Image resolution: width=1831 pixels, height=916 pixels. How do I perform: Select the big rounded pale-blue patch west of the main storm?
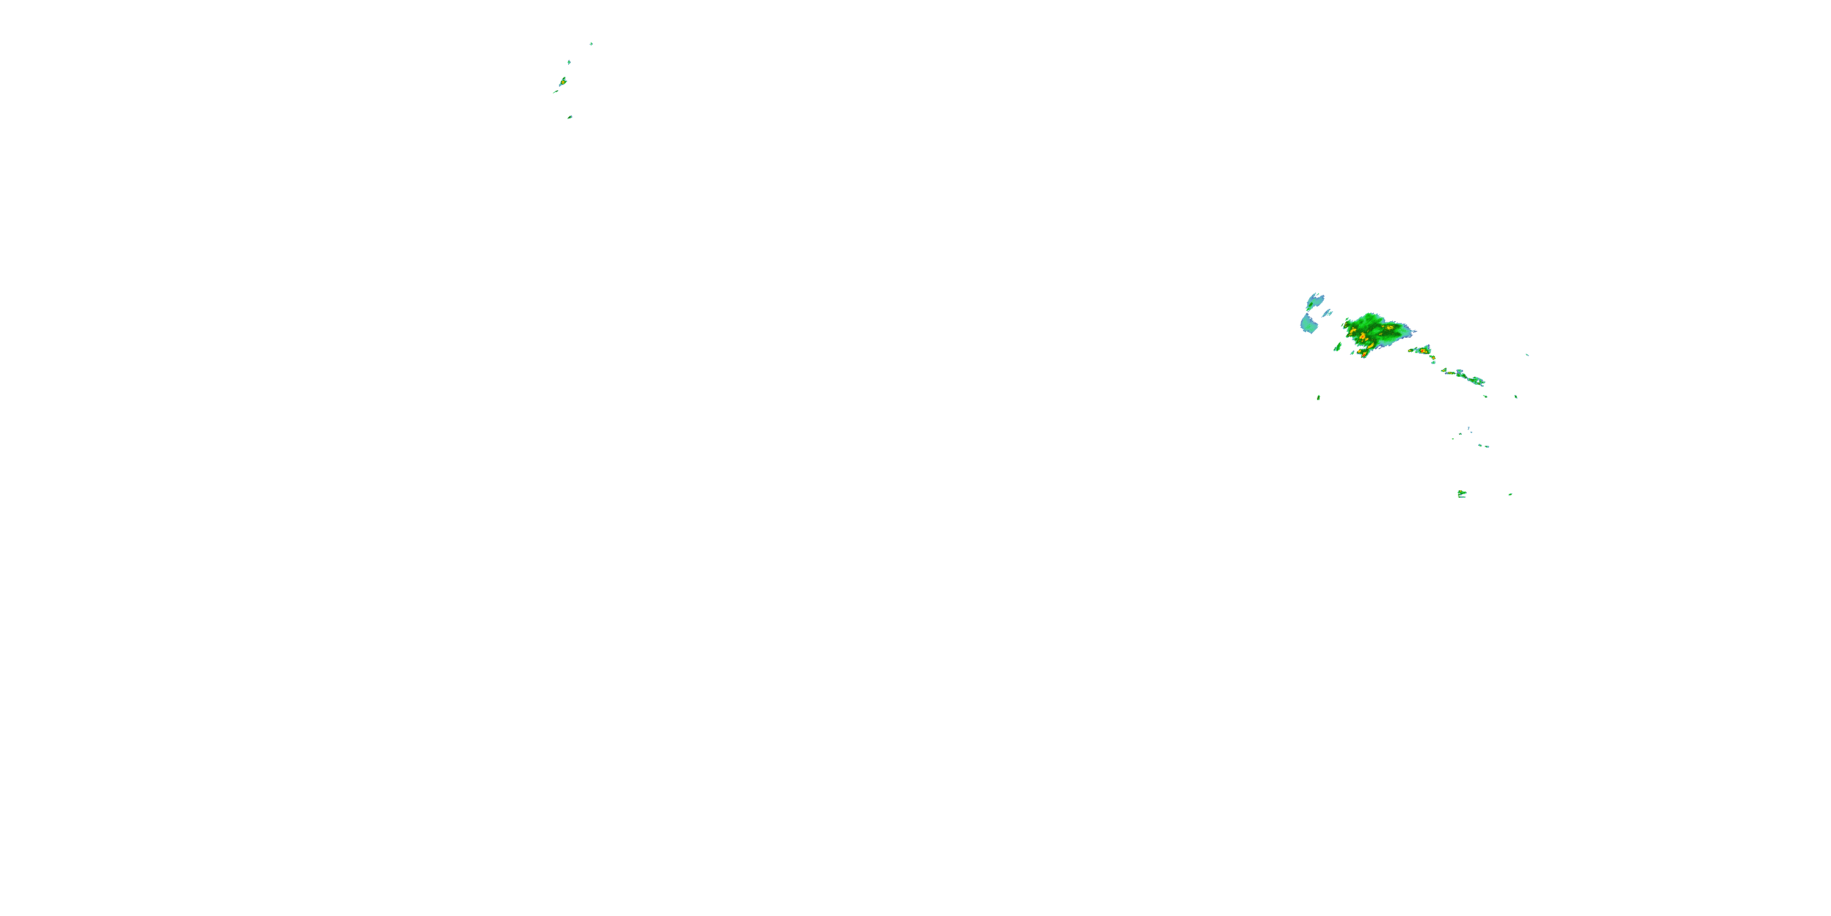(1309, 324)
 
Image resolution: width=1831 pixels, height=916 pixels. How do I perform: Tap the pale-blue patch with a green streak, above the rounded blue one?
(1315, 301)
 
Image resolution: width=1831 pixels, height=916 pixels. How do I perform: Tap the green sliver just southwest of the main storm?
(1338, 347)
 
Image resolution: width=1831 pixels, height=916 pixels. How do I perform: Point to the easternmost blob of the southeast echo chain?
(1478, 382)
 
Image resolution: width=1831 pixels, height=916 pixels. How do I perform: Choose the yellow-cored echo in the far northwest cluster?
(563, 82)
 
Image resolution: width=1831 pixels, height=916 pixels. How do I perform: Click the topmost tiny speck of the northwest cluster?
(591, 43)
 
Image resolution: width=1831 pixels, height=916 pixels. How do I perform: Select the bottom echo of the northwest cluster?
(569, 117)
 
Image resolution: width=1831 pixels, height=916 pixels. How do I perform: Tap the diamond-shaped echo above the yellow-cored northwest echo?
(569, 62)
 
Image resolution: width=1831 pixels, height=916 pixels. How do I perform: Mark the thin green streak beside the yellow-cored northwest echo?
(556, 91)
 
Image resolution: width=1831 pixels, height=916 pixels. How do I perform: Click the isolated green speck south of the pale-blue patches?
(1318, 398)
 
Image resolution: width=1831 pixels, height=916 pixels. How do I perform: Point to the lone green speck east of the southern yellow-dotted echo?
(1510, 494)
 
